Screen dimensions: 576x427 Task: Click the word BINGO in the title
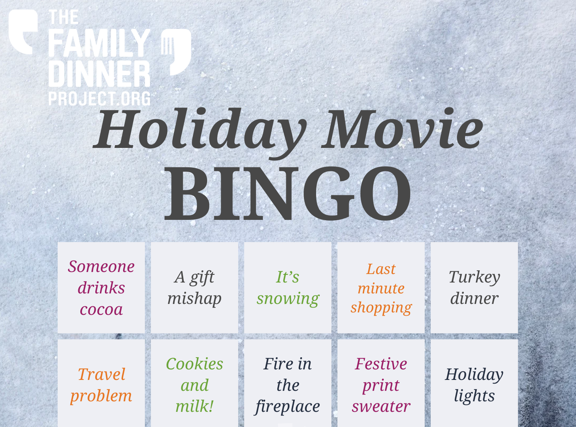coord(288,194)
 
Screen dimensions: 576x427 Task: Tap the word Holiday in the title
coord(200,131)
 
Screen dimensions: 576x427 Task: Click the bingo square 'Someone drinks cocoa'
coord(101,287)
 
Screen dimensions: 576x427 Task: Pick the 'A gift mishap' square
coord(195,287)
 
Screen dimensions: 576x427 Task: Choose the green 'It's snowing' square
coord(288,287)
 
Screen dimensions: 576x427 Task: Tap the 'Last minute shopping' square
coord(381,287)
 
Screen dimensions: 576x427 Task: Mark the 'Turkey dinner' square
coord(474,287)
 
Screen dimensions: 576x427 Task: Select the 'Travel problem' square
coord(101,383)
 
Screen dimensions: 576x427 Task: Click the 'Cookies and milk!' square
coord(195,383)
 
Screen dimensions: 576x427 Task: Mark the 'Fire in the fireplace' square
coord(288,383)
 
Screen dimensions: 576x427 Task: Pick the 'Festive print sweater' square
coord(381,383)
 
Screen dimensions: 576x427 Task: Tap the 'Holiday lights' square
coord(474,383)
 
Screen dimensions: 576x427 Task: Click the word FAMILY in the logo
coord(99,43)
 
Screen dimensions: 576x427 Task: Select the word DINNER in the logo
coord(99,74)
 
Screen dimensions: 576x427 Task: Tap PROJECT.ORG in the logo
coord(99,98)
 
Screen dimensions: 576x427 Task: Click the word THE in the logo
coord(63,17)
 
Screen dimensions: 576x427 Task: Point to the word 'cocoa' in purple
coord(101,309)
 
